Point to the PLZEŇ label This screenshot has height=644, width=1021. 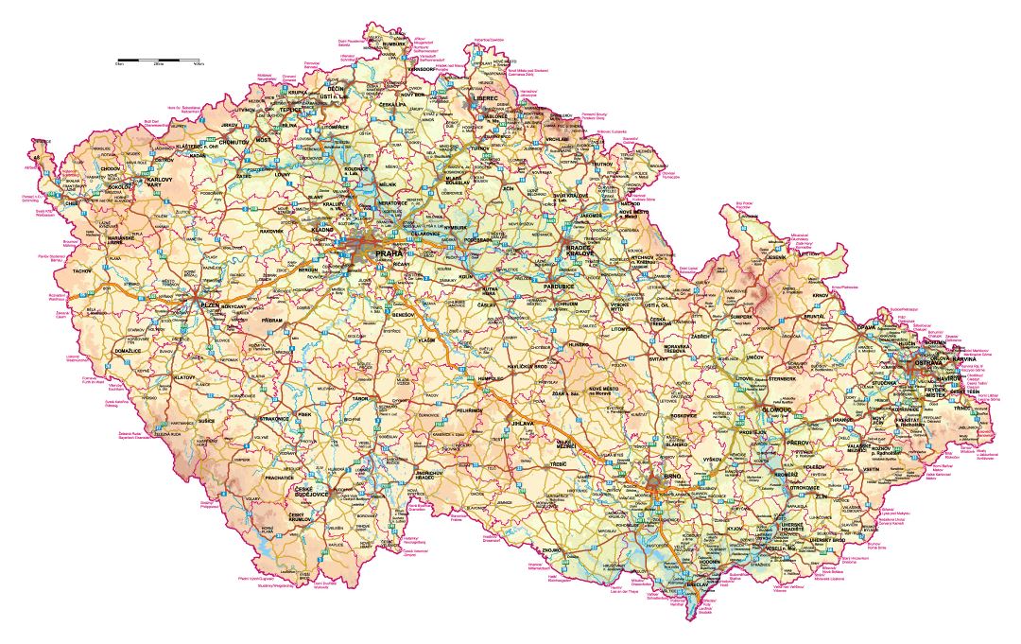click(209, 305)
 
